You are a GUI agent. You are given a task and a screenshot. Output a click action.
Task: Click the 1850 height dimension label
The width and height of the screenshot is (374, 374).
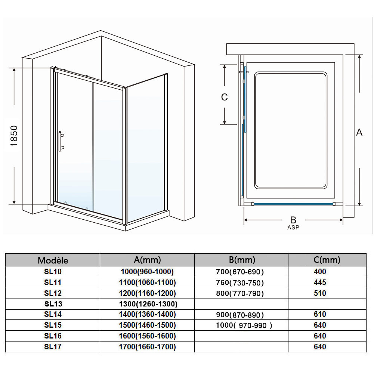(x=14, y=136)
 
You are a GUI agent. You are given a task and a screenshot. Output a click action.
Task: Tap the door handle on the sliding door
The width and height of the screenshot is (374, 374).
(x=61, y=142)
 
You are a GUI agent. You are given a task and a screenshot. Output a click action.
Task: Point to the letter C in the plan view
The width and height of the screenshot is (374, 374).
(x=224, y=97)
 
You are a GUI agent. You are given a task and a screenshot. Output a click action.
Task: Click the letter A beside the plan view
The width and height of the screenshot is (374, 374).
(x=359, y=132)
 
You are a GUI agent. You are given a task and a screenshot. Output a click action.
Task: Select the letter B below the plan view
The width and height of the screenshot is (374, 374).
(x=293, y=220)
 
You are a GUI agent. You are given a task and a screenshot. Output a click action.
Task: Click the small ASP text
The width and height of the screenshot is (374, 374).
(x=293, y=227)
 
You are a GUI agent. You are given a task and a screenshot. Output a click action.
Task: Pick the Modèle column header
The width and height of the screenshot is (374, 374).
(x=53, y=260)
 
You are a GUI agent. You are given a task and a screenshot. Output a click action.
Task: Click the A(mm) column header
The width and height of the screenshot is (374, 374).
(x=147, y=260)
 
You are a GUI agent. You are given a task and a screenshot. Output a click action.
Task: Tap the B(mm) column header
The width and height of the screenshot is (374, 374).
(x=242, y=260)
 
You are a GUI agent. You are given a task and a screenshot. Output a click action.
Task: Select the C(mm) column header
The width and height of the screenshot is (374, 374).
(x=327, y=260)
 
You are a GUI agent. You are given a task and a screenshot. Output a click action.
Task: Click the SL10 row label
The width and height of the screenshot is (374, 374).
(x=53, y=272)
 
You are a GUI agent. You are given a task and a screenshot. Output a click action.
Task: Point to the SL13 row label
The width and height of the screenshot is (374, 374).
(x=53, y=304)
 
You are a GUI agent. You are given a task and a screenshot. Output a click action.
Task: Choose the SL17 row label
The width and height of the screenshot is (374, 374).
(x=53, y=347)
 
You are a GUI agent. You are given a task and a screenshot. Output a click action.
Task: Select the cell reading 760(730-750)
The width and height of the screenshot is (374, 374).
(x=240, y=283)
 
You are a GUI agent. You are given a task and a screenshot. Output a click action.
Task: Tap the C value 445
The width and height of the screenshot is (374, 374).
(x=320, y=282)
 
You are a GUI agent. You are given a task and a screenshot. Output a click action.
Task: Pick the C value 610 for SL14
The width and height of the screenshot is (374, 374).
(x=320, y=315)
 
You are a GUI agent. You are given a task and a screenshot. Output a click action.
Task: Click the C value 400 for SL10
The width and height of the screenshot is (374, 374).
(x=320, y=272)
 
